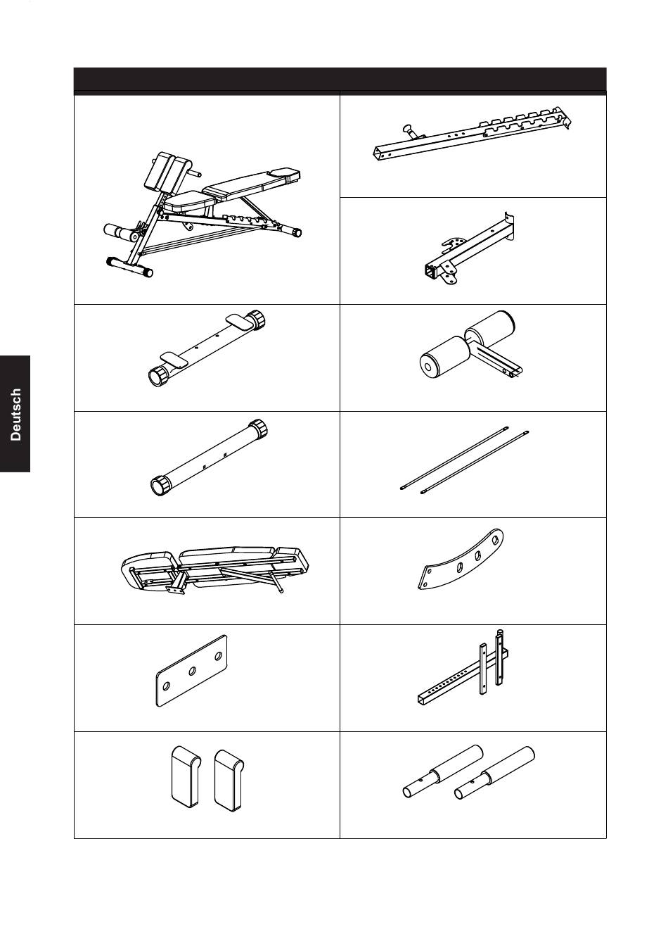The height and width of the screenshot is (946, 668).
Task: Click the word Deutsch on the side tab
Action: [x=15, y=415]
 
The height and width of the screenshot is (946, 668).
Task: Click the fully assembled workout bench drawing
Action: [x=203, y=214]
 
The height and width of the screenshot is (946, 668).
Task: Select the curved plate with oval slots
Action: [x=461, y=558]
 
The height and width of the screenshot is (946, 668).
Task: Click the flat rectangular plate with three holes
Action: [x=192, y=671]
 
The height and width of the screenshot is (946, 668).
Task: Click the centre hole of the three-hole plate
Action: [x=192, y=671]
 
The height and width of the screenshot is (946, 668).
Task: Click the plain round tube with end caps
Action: [x=209, y=458]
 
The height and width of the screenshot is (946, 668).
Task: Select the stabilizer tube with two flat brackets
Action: [x=207, y=349]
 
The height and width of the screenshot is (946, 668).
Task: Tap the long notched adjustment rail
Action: [x=473, y=134]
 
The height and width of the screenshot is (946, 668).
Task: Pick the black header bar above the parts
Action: [x=340, y=79]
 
